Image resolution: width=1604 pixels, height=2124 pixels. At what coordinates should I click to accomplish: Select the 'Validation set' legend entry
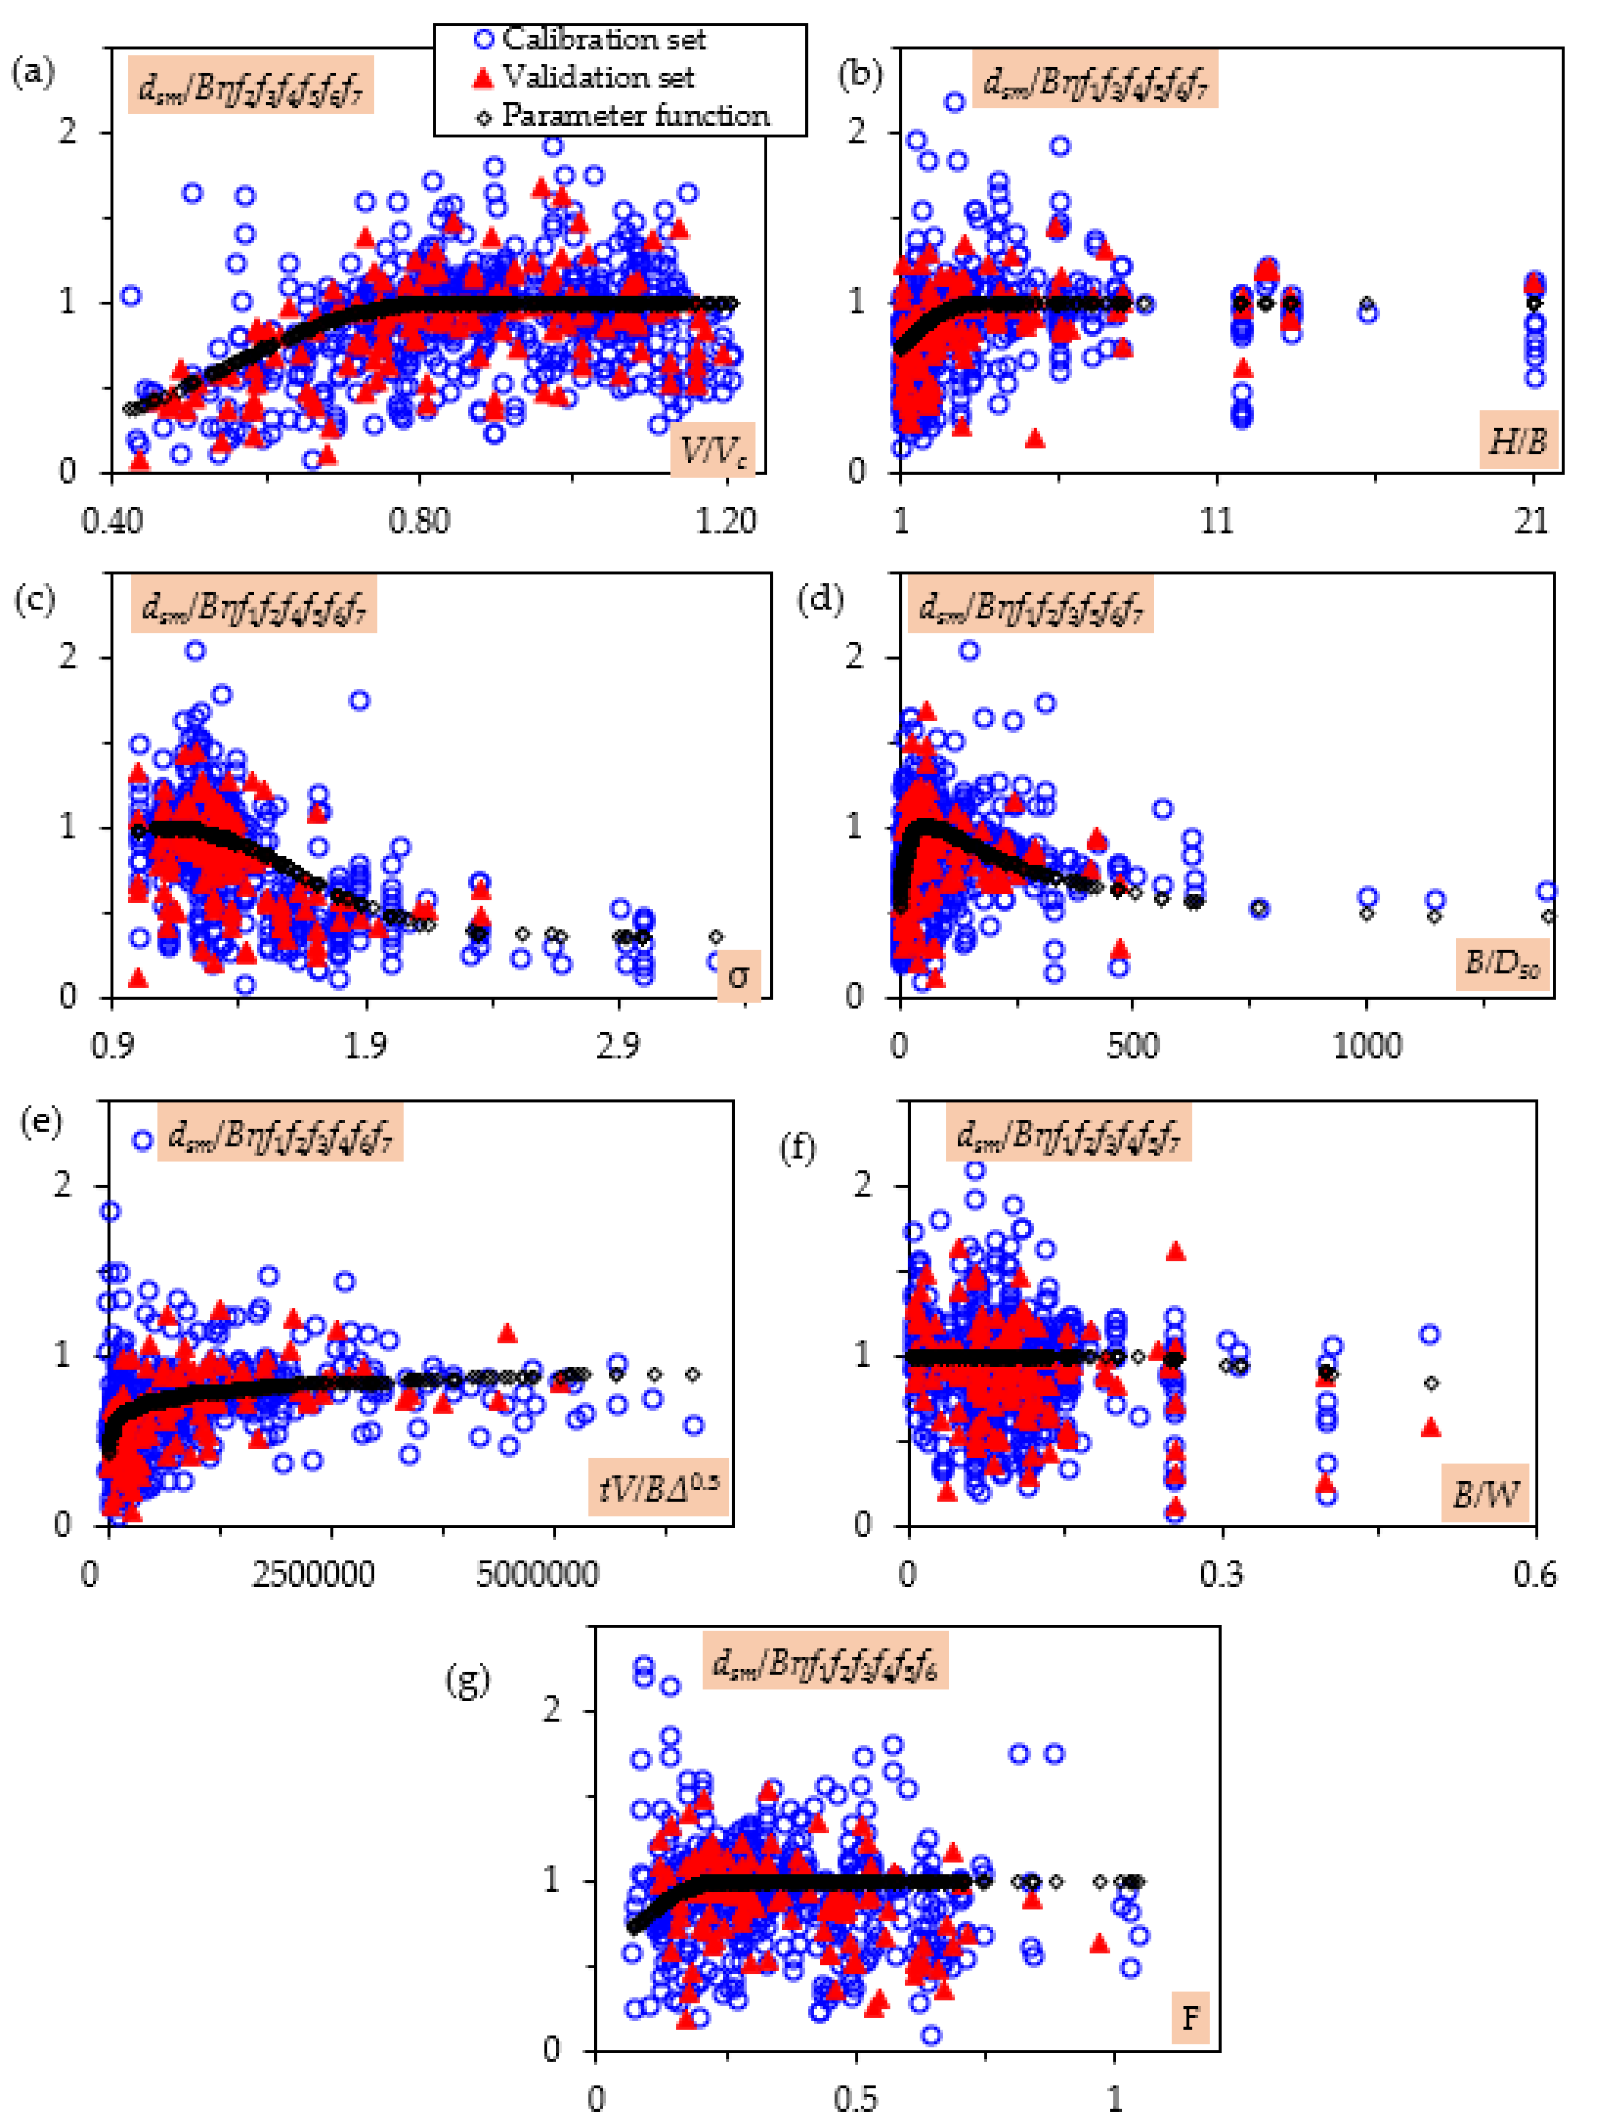pos(597,77)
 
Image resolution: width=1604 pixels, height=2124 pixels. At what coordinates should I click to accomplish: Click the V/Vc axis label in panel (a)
pos(712,449)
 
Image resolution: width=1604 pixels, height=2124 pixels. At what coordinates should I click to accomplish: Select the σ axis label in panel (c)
pos(738,975)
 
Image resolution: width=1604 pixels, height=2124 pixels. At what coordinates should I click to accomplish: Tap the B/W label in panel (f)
pos(1485,1493)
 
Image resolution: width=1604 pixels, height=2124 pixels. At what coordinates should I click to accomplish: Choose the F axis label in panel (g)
pos(1190,2018)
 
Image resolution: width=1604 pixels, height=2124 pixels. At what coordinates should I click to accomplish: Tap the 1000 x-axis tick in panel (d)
pos(1367,1046)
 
